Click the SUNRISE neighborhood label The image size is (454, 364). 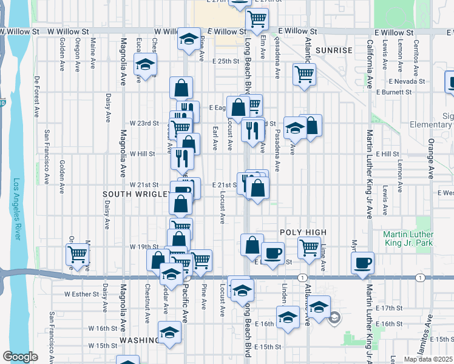tap(334, 50)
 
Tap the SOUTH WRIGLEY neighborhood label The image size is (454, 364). tap(137, 194)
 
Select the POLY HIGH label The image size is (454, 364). tap(303, 232)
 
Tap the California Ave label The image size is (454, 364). tap(370, 64)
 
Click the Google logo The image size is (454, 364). tap(21, 357)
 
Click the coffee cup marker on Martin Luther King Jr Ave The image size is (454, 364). tap(363, 262)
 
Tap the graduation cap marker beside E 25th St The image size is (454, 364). tap(146, 64)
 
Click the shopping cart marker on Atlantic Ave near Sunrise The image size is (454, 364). tap(304, 74)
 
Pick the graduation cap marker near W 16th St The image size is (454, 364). tap(170, 332)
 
